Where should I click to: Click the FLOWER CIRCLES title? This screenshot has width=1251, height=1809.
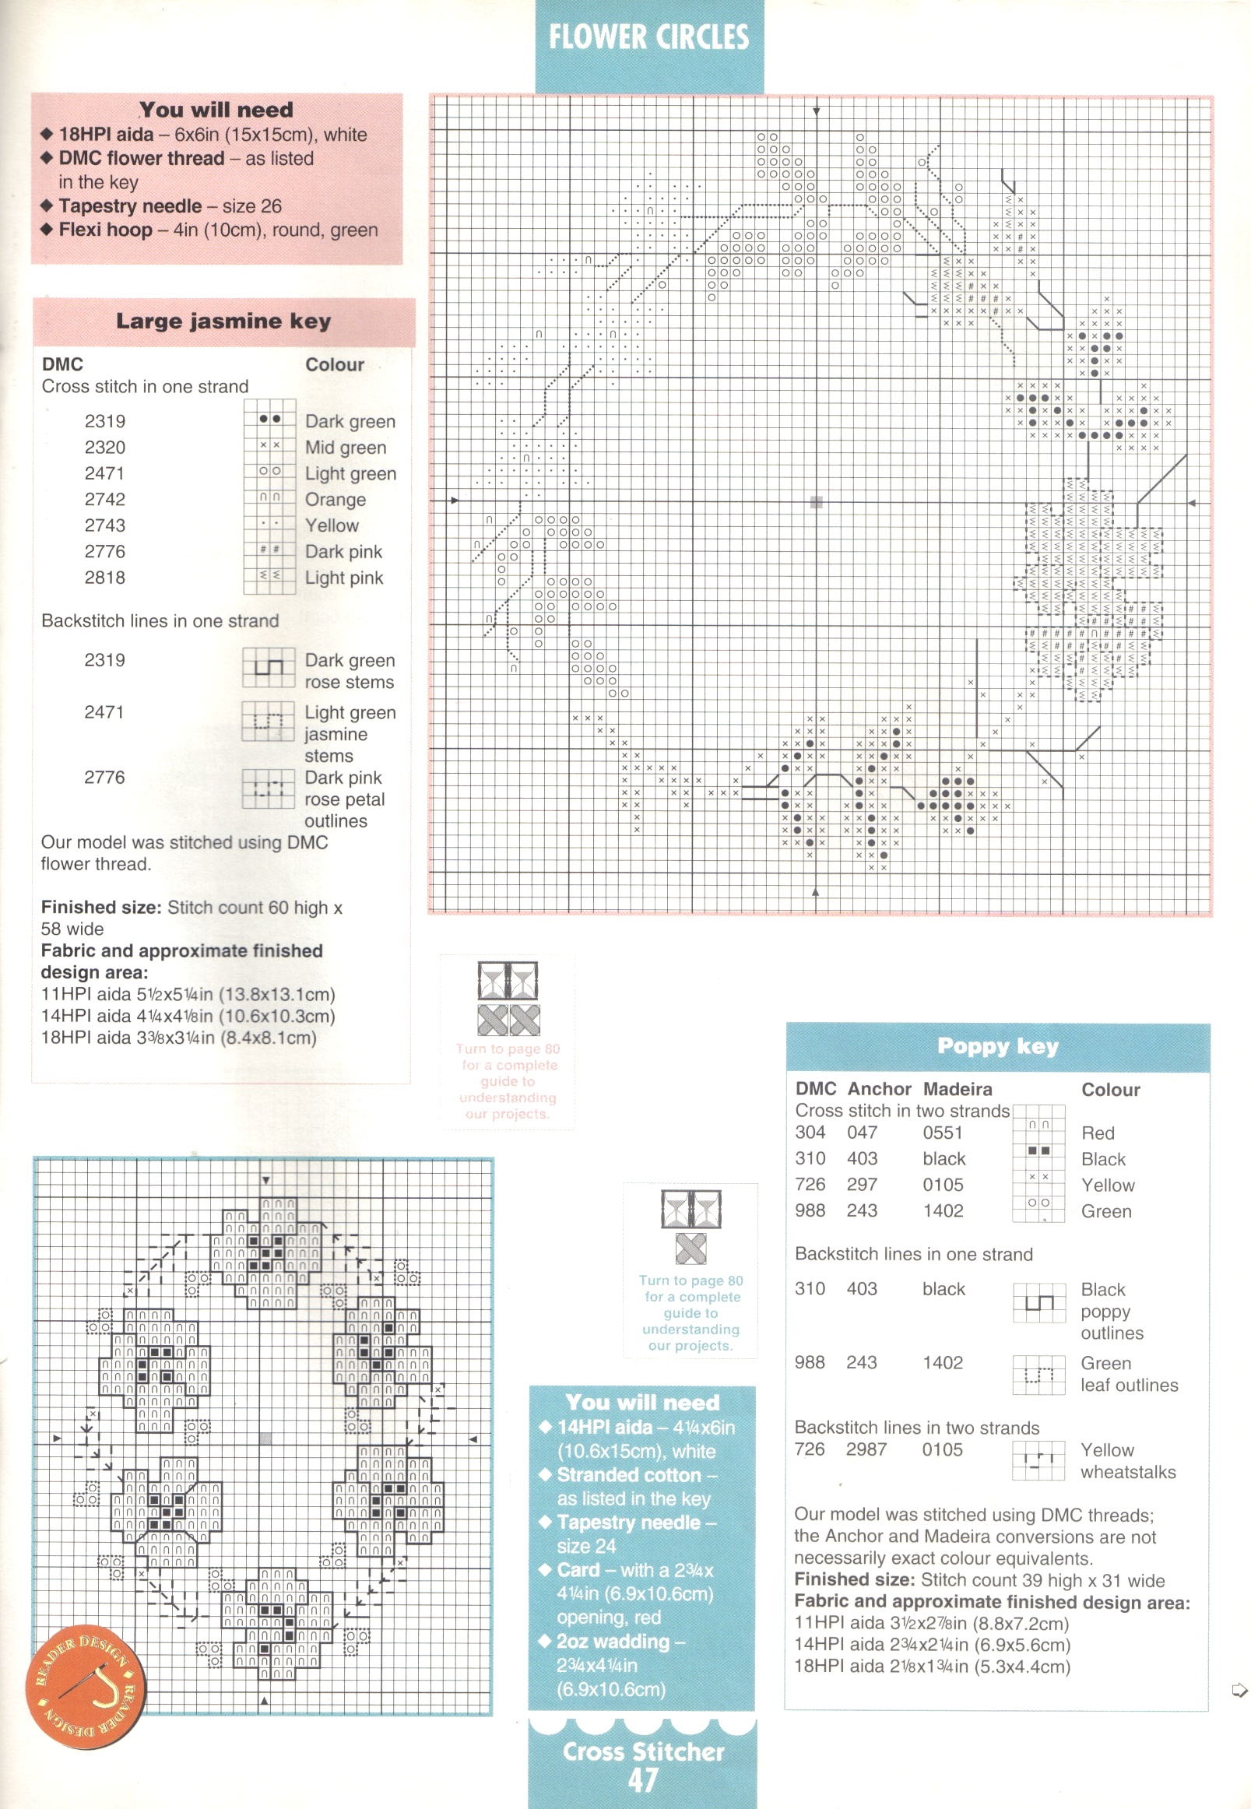pos(648,37)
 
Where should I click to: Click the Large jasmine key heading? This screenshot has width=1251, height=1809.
pos(223,321)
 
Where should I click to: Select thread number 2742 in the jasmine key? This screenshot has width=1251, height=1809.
pos(105,499)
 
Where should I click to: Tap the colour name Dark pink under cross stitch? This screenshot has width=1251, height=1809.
pos(343,552)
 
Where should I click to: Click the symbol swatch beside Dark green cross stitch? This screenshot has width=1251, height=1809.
pos(269,420)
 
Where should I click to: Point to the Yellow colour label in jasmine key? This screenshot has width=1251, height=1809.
pos(332,525)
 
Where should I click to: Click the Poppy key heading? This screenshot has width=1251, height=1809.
pos(997,1046)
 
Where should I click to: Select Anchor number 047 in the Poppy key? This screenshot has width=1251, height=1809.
pos(862,1133)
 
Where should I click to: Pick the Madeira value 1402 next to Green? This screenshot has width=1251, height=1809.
pos(943,1211)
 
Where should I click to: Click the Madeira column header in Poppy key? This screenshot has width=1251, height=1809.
pos(957,1089)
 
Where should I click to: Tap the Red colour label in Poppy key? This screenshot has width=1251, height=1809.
pos(1098,1133)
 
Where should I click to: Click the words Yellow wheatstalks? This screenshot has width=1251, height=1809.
pos(1127,1461)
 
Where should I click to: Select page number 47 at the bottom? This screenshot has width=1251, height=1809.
pos(642,1780)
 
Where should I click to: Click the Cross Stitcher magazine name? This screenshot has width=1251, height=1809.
pos(643,1751)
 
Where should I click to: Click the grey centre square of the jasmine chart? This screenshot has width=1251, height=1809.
pos(816,501)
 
